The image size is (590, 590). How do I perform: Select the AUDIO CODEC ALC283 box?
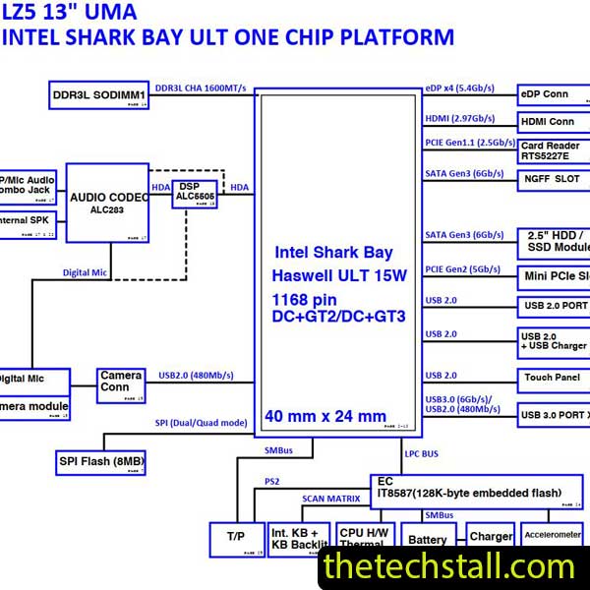point(108,203)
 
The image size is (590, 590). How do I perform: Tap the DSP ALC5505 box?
point(195,193)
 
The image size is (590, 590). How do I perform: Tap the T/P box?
point(236,538)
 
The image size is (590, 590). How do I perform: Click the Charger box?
point(490,537)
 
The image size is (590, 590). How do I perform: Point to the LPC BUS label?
point(425,454)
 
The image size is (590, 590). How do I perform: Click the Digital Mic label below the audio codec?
point(86,272)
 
